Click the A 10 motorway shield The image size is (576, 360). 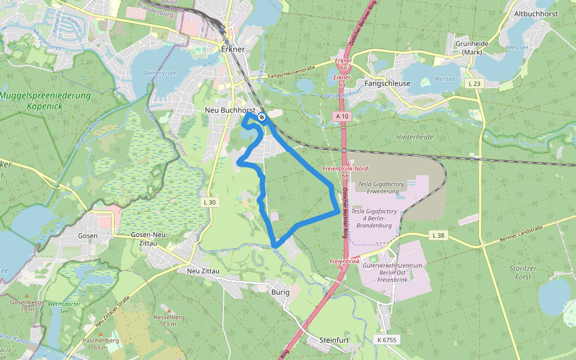click(342, 116)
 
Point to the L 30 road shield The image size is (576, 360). click(209, 202)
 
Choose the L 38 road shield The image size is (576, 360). click(438, 236)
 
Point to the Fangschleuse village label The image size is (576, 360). click(388, 83)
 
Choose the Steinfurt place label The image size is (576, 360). click(335, 340)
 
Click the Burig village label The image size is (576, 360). click(280, 292)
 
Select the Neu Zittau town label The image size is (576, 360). click(203, 271)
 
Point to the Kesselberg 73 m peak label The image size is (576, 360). click(165, 320)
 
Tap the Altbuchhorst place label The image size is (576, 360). click(536, 13)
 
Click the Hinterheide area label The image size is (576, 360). click(415, 137)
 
